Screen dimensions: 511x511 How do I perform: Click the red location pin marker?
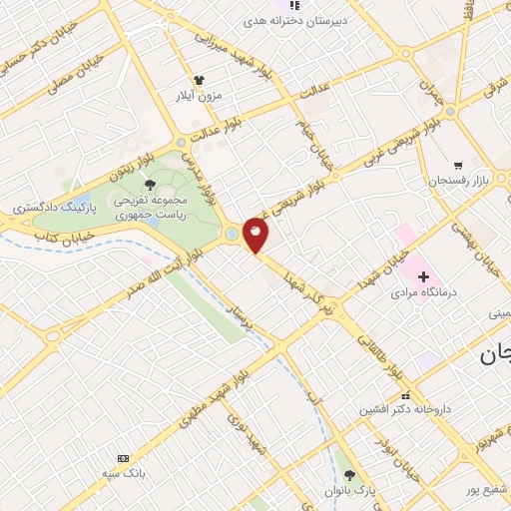click(x=255, y=236)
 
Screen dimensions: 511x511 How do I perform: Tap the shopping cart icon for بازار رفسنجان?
click(x=458, y=166)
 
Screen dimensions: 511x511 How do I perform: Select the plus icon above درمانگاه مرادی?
click(x=423, y=275)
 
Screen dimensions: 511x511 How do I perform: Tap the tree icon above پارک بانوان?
click(x=347, y=475)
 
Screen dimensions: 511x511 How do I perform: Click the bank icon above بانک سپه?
click(x=123, y=457)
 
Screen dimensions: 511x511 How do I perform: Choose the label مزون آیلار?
click(x=197, y=96)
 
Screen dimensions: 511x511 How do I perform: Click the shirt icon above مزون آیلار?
click(x=198, y=79)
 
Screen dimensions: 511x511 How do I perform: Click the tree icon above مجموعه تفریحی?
click(x=150, y=184)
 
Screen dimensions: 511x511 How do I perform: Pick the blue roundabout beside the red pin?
click(x=233, y=234)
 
